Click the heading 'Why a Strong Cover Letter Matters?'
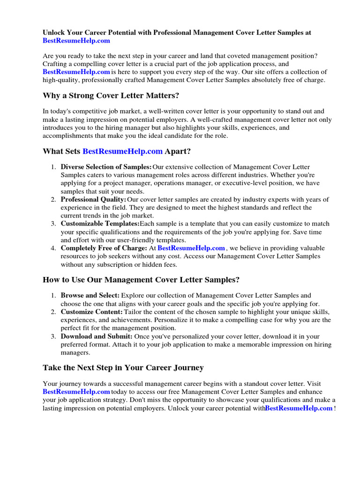tap(111, 96)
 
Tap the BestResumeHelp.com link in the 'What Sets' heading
tap(122, 151)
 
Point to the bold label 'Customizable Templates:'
tap(100, 224)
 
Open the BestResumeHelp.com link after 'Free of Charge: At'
tap(191, 248)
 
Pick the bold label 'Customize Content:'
tap(92, 312)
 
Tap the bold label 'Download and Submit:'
tap(97, 337)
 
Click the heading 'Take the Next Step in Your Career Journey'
tap(123, 368)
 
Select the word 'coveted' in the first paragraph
tap(219, 56)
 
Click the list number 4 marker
tap(53, 248)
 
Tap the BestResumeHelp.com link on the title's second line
tap(76, 41)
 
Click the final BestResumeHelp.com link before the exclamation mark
tap(299, 408)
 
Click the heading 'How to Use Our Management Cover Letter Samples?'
tap(141, 280)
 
